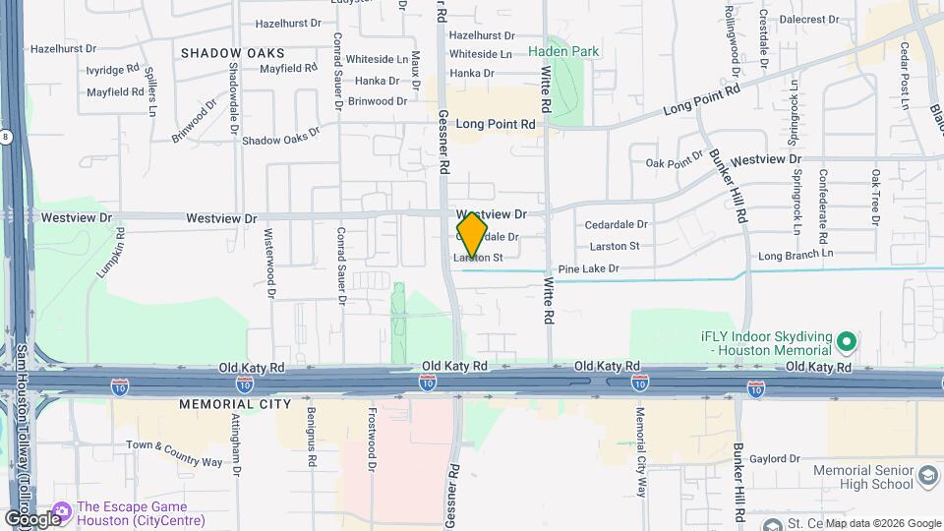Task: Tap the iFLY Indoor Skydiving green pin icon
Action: click(x=847, y=343)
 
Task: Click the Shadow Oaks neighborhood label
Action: click(x=233, y=52)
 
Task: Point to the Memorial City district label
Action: click(x=235, y=404)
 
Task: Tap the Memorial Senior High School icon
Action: click(x=927, y=477)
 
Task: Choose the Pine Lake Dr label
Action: click(x=588, y=268)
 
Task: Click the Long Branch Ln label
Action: click(x=796, y=255)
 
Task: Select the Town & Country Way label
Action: click(x=174, y=445)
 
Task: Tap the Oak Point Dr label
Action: click(x=675, y=163)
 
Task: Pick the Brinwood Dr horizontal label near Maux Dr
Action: click(x=377, y=101)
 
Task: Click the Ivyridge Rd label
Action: click(x=112, y=70)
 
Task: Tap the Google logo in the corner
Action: click(x=31, y=518)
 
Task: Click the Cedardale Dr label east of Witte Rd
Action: click(x=616, y=225)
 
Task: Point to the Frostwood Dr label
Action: click(x=372, y=438)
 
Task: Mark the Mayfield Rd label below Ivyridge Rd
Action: click(x=114, y=92)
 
